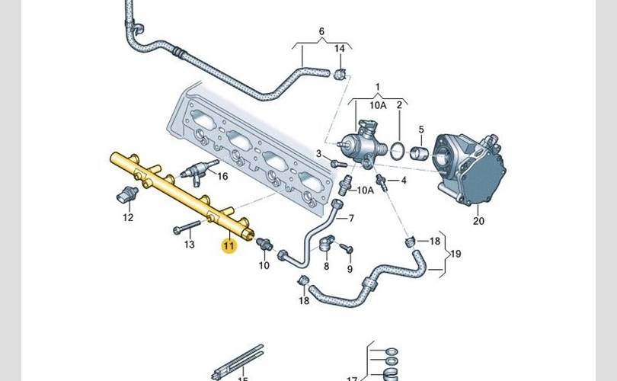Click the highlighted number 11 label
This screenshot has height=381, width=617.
229,245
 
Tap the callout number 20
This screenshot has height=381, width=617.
478,222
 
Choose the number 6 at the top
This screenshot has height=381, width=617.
321,31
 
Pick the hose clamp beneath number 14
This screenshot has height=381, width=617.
339,73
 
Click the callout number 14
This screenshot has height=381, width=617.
340,49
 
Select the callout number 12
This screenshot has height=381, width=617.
128,217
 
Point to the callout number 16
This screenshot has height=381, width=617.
222,176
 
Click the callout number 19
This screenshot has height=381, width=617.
456,254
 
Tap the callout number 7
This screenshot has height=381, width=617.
350,219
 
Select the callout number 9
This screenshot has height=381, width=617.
350,269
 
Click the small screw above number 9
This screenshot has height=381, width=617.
347,248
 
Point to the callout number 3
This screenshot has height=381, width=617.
320,154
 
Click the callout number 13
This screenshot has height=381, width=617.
190,245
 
